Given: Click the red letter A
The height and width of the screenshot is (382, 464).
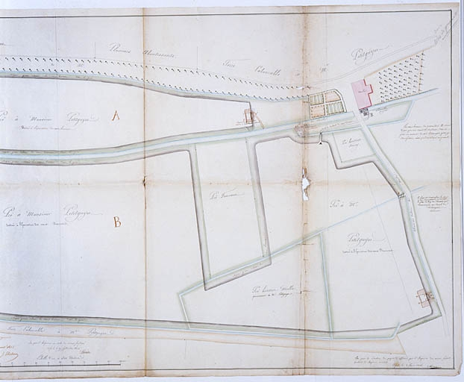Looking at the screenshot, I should coord(116,116).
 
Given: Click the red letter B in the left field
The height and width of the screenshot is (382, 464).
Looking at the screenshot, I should coord(116,222).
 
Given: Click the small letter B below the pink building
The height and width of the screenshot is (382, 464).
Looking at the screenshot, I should coord(371,115).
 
